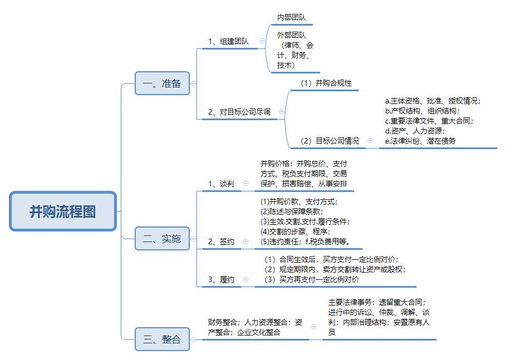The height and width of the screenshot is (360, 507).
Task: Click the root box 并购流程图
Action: point(63,211)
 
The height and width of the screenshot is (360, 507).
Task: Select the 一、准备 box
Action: point(162,83)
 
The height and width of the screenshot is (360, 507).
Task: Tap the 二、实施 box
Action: point(162,239)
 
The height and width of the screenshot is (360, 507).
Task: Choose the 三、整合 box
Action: point(162,339)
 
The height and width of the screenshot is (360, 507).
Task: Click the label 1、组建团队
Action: point(229,41)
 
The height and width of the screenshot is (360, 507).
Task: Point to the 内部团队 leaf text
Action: point(291,17)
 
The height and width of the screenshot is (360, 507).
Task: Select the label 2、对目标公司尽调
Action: point(239,112)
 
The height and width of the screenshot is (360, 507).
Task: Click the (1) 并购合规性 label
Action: point(326,83)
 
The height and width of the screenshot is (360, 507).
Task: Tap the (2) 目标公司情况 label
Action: point(329,141)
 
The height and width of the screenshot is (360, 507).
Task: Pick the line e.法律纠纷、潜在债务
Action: point(420,141)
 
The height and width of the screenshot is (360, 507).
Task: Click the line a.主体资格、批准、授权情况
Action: point(432,101)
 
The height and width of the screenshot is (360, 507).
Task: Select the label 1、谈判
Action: point(221,184)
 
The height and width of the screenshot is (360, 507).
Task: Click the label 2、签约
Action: point(221,241)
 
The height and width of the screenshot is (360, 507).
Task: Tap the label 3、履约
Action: point(221,279)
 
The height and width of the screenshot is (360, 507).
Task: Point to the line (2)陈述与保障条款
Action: point(292,211)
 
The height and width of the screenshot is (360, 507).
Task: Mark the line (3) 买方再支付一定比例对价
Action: point(312,279)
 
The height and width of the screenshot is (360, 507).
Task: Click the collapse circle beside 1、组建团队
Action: point(262,41)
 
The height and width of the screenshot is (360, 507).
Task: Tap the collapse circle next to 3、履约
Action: point(245,279)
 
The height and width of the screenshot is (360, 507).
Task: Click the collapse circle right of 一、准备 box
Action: point(193,83)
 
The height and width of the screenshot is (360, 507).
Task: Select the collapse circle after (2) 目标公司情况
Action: point(370,141)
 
